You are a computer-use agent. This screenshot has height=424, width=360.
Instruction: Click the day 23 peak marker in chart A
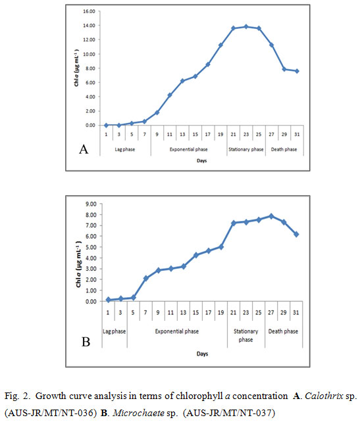246,27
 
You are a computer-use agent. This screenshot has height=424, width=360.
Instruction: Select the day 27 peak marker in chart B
271,216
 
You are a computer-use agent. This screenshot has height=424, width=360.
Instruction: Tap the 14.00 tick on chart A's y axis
89,26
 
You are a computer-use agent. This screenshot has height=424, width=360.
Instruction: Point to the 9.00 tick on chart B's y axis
91,204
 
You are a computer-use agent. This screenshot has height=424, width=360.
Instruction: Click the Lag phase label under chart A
125,149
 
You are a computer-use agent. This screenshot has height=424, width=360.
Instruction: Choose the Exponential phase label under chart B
177,331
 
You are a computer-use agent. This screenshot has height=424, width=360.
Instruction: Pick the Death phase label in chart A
284,149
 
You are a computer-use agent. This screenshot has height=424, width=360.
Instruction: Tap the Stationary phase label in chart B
245,335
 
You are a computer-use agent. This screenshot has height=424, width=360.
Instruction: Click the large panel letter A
84,149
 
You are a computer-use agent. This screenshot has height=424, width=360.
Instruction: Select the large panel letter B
86,342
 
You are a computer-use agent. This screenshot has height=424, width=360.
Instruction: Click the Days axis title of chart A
201,160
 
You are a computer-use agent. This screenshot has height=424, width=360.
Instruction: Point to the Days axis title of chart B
202,354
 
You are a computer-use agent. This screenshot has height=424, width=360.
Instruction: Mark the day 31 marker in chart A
297,71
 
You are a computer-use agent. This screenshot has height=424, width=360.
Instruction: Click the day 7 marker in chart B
146,278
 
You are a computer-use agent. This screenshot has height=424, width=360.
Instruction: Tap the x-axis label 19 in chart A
220,134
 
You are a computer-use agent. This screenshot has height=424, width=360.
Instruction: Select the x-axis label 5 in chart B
133,313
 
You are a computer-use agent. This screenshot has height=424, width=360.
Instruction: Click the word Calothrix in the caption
324,396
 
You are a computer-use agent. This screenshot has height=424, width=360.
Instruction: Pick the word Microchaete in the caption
139,413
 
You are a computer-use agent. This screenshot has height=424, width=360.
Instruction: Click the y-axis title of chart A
76,68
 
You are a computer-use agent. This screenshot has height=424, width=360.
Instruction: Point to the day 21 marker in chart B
234,223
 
